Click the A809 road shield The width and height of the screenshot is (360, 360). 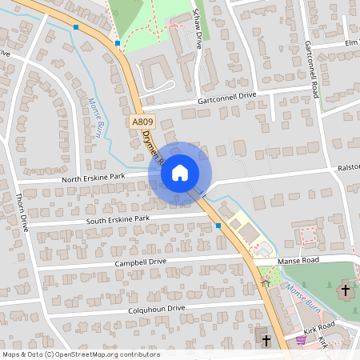point(142,122)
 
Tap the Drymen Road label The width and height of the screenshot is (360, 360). point(153,147)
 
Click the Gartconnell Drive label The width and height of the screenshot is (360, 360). point(227,98)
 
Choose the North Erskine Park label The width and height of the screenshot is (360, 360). point(94,178)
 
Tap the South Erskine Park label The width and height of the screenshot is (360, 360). point(118,219)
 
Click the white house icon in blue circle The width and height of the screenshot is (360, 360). point(180,172)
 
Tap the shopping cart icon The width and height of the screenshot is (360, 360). point(301,339)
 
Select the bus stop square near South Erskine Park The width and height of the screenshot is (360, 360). point(218,226)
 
